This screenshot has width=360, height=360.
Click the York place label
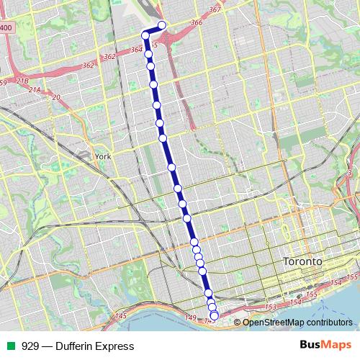[103, 156]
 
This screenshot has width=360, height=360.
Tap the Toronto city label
[302, 261]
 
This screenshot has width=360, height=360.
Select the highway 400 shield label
[6, 27]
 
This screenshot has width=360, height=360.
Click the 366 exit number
[197, 23]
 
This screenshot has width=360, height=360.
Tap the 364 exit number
[137, 50]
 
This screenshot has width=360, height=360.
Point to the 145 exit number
[120, 316]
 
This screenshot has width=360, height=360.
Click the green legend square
[9, 346]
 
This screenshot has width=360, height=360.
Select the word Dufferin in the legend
[71, 346]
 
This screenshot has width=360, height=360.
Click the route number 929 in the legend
[30, 346]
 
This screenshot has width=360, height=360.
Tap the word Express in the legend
[114, 346]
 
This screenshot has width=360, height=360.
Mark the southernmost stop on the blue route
[214, 315]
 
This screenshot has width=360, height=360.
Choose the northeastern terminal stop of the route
[162, 25]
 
